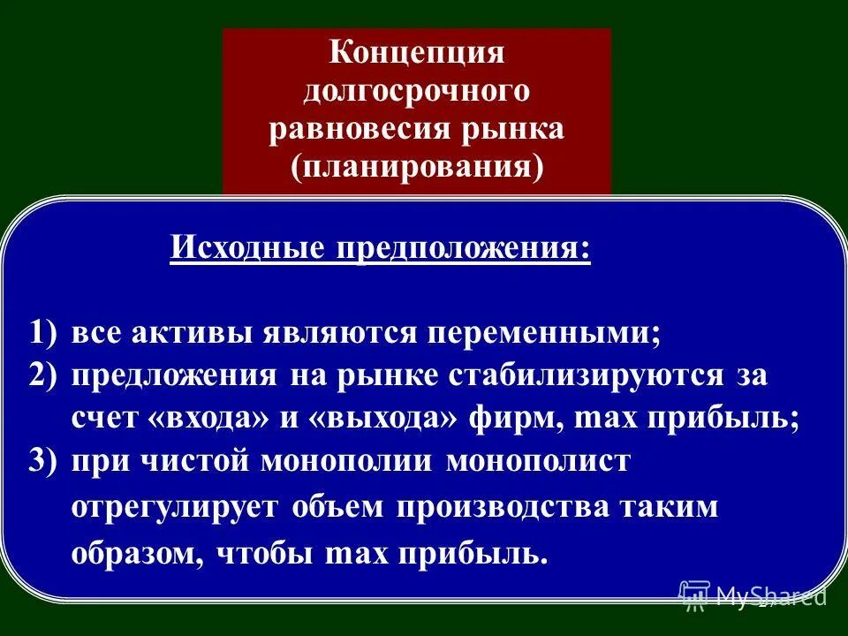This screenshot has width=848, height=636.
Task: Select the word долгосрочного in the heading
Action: point(416,90)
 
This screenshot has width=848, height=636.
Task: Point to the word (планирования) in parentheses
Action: point(416,166)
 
